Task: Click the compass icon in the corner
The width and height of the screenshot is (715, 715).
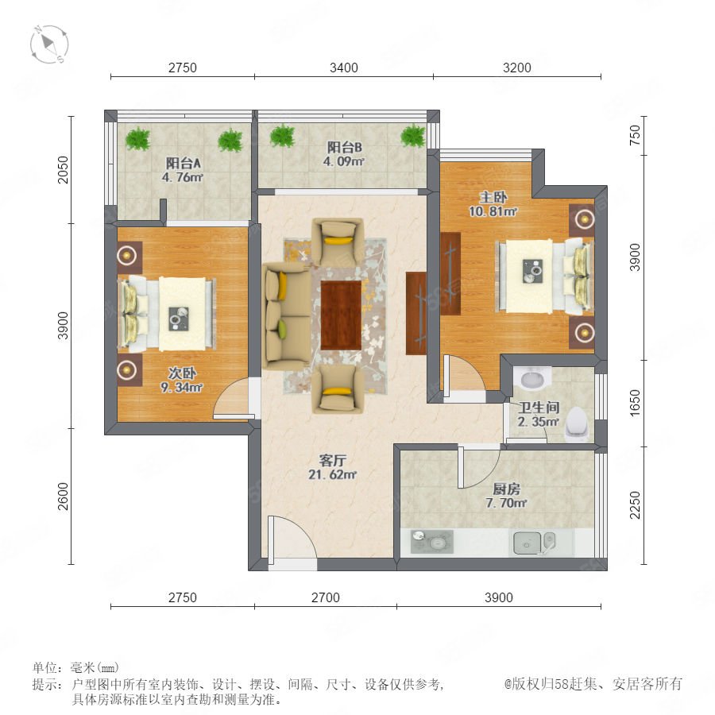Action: [x=48, y=44]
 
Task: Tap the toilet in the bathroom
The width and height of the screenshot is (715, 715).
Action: [x=578, y=424]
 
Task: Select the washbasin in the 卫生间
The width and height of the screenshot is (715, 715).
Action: [x=532, y=378]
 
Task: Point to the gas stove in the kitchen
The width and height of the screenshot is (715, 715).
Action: [x=432, y=541]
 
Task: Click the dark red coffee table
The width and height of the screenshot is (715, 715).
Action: [x=341, y=315]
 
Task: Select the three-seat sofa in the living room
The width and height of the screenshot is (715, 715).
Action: [x=287, y=316]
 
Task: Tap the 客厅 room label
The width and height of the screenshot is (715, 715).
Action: [x=332, y=460]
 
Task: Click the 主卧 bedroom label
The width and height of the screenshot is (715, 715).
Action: [x=493, y=198]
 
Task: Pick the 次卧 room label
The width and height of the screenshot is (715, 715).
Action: [x=182, y=373]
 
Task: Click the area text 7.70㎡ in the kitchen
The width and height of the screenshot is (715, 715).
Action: [x=506, y=503]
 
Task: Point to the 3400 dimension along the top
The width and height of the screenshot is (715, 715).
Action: [x=344, y=68]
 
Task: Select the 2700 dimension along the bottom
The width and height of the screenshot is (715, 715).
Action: [x=326, y=597]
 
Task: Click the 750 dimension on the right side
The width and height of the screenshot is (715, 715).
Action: [x=635, y=135]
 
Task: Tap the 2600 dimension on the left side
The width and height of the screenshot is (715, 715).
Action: [x=63, y=496]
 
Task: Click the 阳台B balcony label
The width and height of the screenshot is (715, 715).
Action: [x=344, y=147]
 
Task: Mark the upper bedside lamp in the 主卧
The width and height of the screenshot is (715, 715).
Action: [x=582, y=220]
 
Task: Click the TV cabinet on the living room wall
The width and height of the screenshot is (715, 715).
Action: [x=415, y=313]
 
